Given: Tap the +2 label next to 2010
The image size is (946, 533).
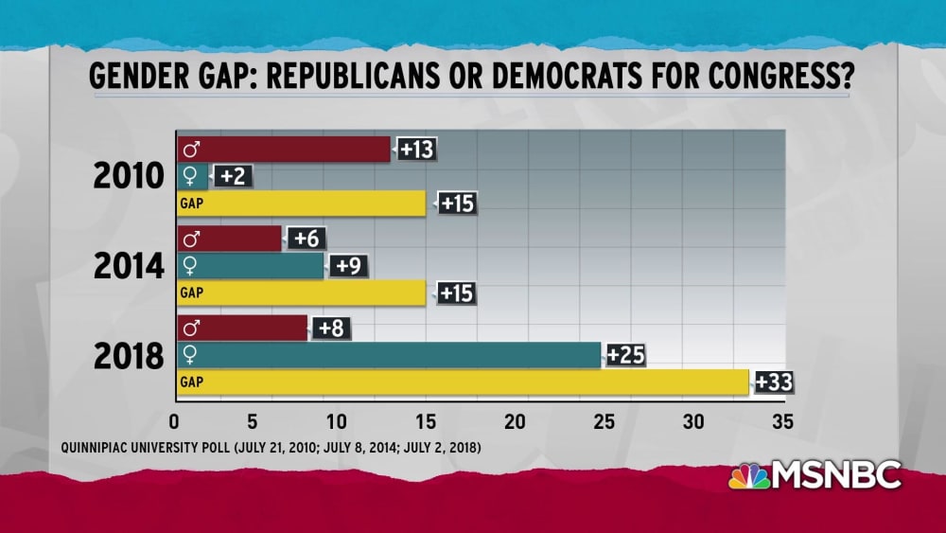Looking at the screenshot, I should click(231, 175).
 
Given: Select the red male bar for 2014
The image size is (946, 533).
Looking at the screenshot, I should click(229, 240).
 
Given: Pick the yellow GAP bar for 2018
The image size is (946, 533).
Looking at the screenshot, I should click(463, 382).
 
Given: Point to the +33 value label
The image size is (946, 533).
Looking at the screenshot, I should click(773, 382).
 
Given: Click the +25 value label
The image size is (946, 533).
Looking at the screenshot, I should click(625, 355).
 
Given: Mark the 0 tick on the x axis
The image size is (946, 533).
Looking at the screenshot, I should click(175, 419).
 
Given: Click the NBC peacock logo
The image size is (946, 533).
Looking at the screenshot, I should click(748, 476).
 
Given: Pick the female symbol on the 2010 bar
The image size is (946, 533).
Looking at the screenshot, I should click(190, 176).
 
